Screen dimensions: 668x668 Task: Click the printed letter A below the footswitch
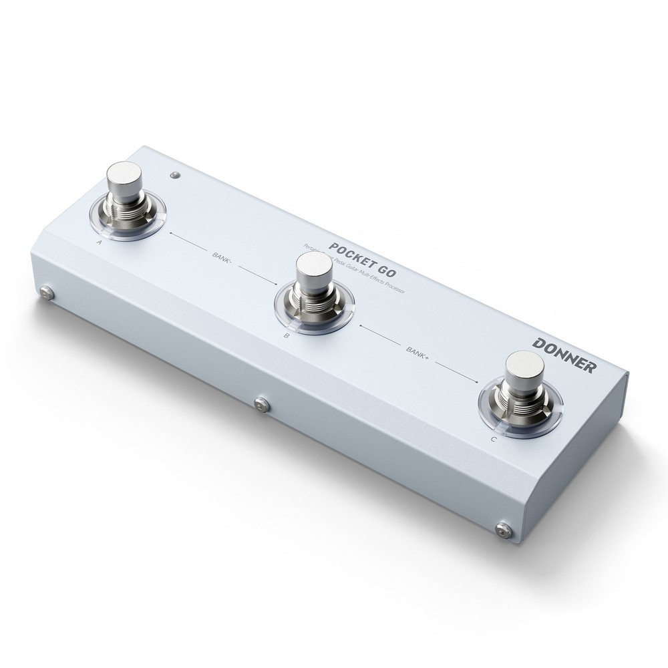[x=99, y=242]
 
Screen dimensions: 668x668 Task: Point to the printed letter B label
[x=286, y=337]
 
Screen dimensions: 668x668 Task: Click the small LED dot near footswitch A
[x=175, y=175]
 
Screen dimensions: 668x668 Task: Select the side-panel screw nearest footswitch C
[x=502, y=530]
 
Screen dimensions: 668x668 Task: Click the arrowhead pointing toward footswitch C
[x=476, y=381]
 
